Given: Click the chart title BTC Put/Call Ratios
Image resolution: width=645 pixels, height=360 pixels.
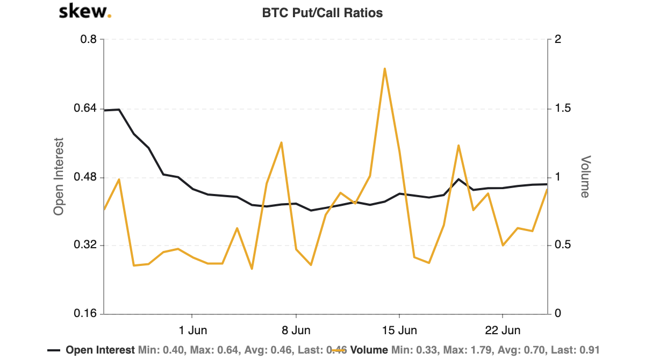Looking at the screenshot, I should coord(322,13).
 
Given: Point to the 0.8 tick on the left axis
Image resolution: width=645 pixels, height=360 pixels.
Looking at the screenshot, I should coord(89,40).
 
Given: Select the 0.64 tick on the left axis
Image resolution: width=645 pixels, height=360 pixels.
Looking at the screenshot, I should coord(86,109).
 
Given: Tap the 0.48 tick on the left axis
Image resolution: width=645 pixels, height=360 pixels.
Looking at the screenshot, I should coord(86,177).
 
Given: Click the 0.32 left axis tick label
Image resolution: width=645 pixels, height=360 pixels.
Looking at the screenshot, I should coord(86,246).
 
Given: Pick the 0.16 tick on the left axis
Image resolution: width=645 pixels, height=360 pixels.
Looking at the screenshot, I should coord(86,314).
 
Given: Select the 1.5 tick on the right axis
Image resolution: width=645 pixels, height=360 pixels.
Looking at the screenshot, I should coord(560,109).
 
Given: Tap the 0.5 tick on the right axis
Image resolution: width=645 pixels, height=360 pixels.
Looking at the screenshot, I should coord(560,246).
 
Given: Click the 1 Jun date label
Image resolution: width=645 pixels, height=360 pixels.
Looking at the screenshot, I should coord(192,329).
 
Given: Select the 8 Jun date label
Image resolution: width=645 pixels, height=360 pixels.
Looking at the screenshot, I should coord(296,329).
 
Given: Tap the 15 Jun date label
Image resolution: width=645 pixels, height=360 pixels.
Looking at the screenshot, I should coord(399,329).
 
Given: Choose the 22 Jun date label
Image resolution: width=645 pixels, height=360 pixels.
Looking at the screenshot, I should coord(502,329).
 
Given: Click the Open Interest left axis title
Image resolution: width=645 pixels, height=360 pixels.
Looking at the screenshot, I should coord(59,177).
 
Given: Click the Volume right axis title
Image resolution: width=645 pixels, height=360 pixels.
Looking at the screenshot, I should coord(585,177).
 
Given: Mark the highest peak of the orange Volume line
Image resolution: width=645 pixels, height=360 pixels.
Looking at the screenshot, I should coord(385,69).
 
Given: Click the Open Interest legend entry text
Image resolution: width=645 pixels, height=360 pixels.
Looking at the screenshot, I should coord(100,350).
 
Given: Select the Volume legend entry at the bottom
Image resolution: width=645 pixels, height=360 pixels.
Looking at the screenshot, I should coord(369,350).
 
